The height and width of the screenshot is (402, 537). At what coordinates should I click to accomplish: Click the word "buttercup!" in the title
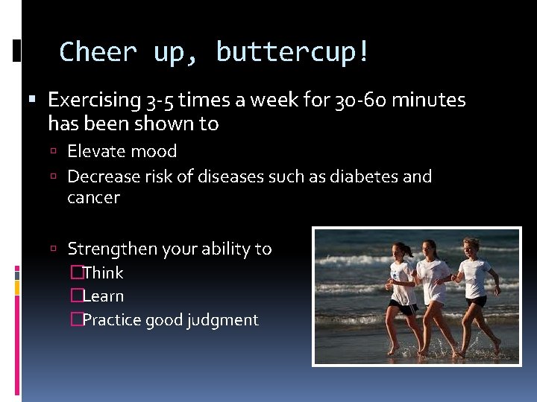[292, 53]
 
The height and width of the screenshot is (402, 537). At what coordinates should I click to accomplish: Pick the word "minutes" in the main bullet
[429, 100]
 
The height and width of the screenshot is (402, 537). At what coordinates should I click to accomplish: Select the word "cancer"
[93, 197]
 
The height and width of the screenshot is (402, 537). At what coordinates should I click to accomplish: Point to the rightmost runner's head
[471, 245]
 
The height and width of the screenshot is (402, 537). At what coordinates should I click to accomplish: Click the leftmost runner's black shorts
[402, 307]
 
